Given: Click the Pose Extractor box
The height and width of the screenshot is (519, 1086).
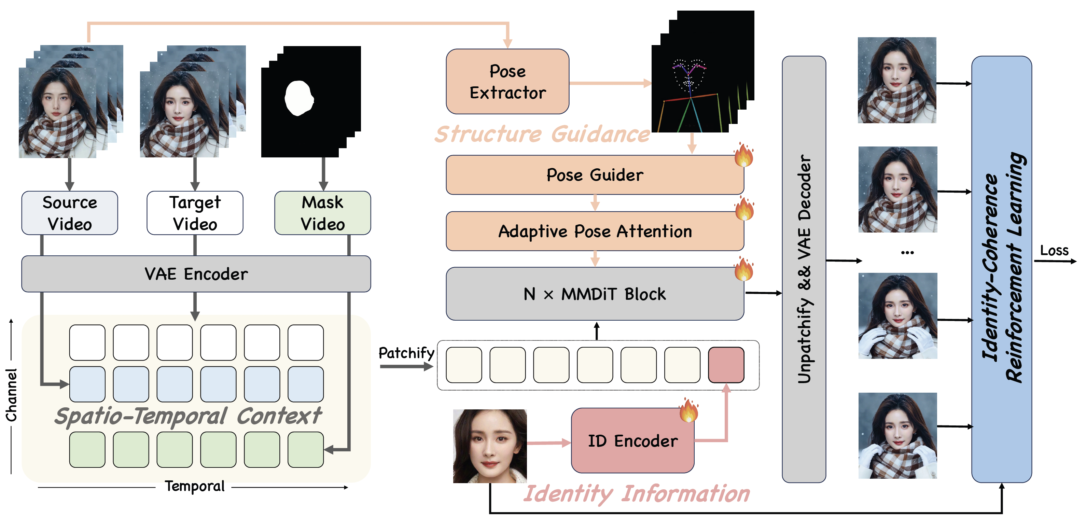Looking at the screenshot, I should [x=507, y=81].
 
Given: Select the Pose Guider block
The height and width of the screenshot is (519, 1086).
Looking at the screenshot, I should [x=595, y=175].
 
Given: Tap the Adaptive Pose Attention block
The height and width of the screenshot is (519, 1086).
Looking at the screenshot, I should [x=595, y=231].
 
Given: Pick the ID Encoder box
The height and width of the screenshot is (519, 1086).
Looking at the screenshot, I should [x=632, y=440].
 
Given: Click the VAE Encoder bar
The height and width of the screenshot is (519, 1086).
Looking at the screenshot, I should [x=196, y=273].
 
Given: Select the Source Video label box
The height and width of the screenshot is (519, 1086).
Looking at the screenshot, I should [x=70, y=213].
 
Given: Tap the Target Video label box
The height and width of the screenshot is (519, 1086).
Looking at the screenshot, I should [x=195, y=213].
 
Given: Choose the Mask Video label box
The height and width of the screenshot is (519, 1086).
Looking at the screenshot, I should [x=322, y=213].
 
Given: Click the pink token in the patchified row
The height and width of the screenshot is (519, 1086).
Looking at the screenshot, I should [x=726, y=365].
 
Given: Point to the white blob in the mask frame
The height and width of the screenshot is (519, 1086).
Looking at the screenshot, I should [x=299, y=98].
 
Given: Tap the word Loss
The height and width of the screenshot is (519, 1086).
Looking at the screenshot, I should [x=1054, y=250].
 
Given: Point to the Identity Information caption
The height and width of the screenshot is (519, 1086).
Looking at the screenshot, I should [x=637, y=493].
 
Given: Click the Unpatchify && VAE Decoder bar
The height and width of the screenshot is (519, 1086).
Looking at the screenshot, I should [x=804, y=269].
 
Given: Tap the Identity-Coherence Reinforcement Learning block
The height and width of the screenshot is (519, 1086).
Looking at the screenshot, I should [x=1002, y=269].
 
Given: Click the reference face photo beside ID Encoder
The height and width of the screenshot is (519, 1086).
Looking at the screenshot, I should [x=489, y=446].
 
